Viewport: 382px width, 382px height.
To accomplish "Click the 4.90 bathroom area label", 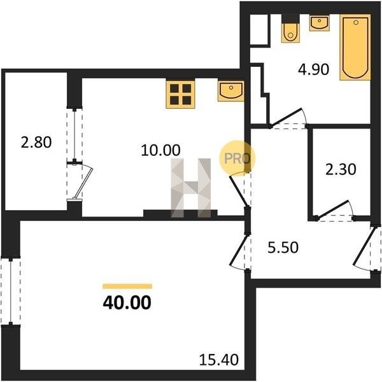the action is (313, 69).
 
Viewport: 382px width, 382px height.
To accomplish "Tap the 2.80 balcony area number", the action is (36, 142).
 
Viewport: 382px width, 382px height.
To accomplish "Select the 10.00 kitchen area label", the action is (160, 150).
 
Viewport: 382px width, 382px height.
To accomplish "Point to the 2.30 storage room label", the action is (341, 169).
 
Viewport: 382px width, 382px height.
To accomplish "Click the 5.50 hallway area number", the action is (283, 248).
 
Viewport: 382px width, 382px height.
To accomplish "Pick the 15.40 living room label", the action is (219, 360).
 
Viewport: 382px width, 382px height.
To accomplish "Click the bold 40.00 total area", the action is (127, 302).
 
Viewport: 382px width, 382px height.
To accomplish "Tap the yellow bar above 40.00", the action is (127, 286).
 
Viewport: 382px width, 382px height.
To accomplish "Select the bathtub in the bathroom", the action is (355, 47).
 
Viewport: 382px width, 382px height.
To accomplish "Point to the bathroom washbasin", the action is (320, 23).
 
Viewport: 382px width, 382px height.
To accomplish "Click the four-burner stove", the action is (181, 94).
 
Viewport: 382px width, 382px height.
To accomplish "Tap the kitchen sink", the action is (231, 91).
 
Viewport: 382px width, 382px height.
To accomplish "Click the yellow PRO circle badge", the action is (237, 159).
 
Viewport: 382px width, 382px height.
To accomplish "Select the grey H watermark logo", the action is (191, 188).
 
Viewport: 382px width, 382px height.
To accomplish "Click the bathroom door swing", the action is (288, 117).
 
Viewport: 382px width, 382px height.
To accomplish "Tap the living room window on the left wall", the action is (11, 291).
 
